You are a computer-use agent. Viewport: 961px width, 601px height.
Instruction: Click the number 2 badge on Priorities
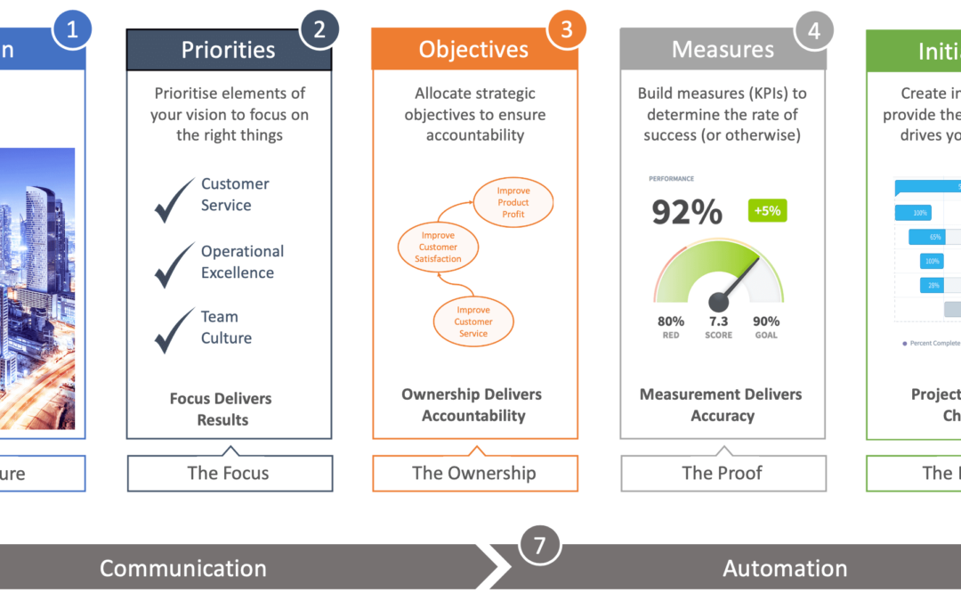(319, 29)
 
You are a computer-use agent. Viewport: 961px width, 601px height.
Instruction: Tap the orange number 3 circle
(566, 29)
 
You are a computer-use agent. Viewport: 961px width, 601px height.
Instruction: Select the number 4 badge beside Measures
(813, 30)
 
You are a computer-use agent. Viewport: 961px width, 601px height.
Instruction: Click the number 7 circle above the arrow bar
(538, 543)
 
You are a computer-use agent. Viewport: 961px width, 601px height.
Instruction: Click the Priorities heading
(229, 50)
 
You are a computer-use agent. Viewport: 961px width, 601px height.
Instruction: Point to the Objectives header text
(473, 50)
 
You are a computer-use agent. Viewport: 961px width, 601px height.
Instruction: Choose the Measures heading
(723, 50)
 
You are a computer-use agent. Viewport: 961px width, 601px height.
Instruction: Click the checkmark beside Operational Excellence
(174, 265)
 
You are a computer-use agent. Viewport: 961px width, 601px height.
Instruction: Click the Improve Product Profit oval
(513, 203)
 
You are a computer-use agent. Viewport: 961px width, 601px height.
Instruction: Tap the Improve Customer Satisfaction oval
(437, 248)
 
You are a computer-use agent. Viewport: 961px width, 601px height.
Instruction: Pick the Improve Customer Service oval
(473, 322)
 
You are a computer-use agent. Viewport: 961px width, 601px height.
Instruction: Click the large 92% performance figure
(687, 212)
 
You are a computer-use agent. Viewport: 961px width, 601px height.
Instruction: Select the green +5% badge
(767, 211)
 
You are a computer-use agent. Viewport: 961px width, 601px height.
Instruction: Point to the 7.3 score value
(718, 321)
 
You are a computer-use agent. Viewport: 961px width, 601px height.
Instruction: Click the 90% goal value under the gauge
(765, 321)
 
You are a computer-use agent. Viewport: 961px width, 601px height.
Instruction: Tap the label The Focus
(229, 473)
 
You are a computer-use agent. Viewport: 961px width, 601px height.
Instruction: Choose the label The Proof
(722, 473)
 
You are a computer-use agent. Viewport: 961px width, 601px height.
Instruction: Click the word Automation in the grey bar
(785, 568)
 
